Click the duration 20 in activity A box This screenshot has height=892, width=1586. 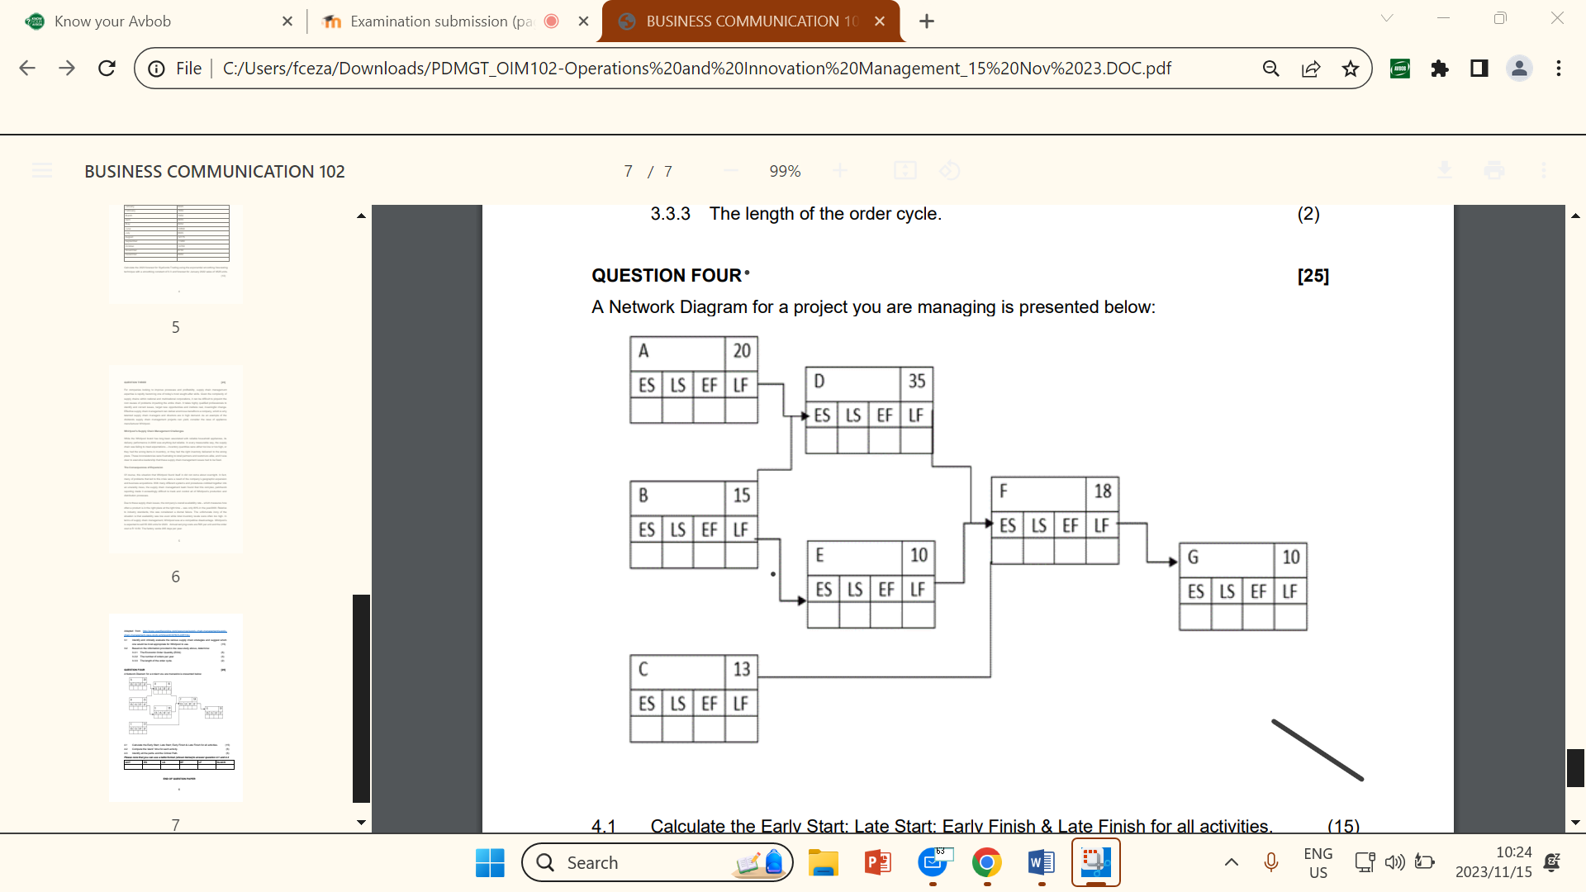[x=742, y=351]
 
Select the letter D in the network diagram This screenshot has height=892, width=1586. [x=819, y=382]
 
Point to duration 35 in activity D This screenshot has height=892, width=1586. [x=917, y=382]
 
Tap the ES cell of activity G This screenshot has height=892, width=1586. [x=1195, y=591]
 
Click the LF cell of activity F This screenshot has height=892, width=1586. [x=1102, y=526]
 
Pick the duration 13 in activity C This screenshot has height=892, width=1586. [x=742, y=669]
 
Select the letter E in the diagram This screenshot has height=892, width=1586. [x=819, y=555]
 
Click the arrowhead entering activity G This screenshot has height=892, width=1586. [x=1173, y=562]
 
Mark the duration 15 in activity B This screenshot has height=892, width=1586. [x=742, y=496]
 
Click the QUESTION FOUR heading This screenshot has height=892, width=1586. [x=667, y=276]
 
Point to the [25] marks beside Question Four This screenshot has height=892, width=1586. [x=1313, y=276]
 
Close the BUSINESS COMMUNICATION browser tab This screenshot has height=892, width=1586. [x=880, y=21]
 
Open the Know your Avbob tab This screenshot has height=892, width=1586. [x=113, y=21]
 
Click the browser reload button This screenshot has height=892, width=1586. [x=107, y=69]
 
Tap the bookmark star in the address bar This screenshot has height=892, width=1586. [x=1351, y=69]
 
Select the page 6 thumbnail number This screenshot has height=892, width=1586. [x=175, y=576]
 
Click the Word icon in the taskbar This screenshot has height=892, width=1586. [x=1041, y=862]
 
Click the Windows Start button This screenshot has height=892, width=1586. [x=490, y=862]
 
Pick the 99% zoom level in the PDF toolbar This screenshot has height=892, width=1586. [x=785, y=171]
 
